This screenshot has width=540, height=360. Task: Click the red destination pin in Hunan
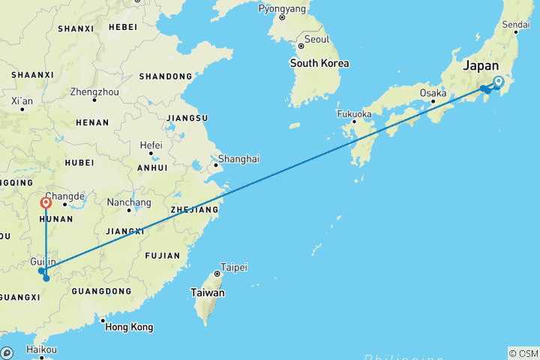tap(46, 202)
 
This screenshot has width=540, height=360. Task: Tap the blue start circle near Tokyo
tap(498, 82)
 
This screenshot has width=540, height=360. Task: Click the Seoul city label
tap(317, 39)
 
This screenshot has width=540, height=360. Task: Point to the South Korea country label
tap(319, 63)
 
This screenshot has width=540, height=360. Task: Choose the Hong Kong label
tap(129, 327)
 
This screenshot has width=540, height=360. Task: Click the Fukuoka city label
tap(354, 114)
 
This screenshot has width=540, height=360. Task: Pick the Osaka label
tap(433, 94)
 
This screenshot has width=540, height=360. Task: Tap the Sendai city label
tap(515, 25)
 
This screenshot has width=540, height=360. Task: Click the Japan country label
tap(481, 65)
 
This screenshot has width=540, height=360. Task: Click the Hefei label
tap(151, 144)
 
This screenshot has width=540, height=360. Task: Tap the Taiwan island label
tap(208, 292)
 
